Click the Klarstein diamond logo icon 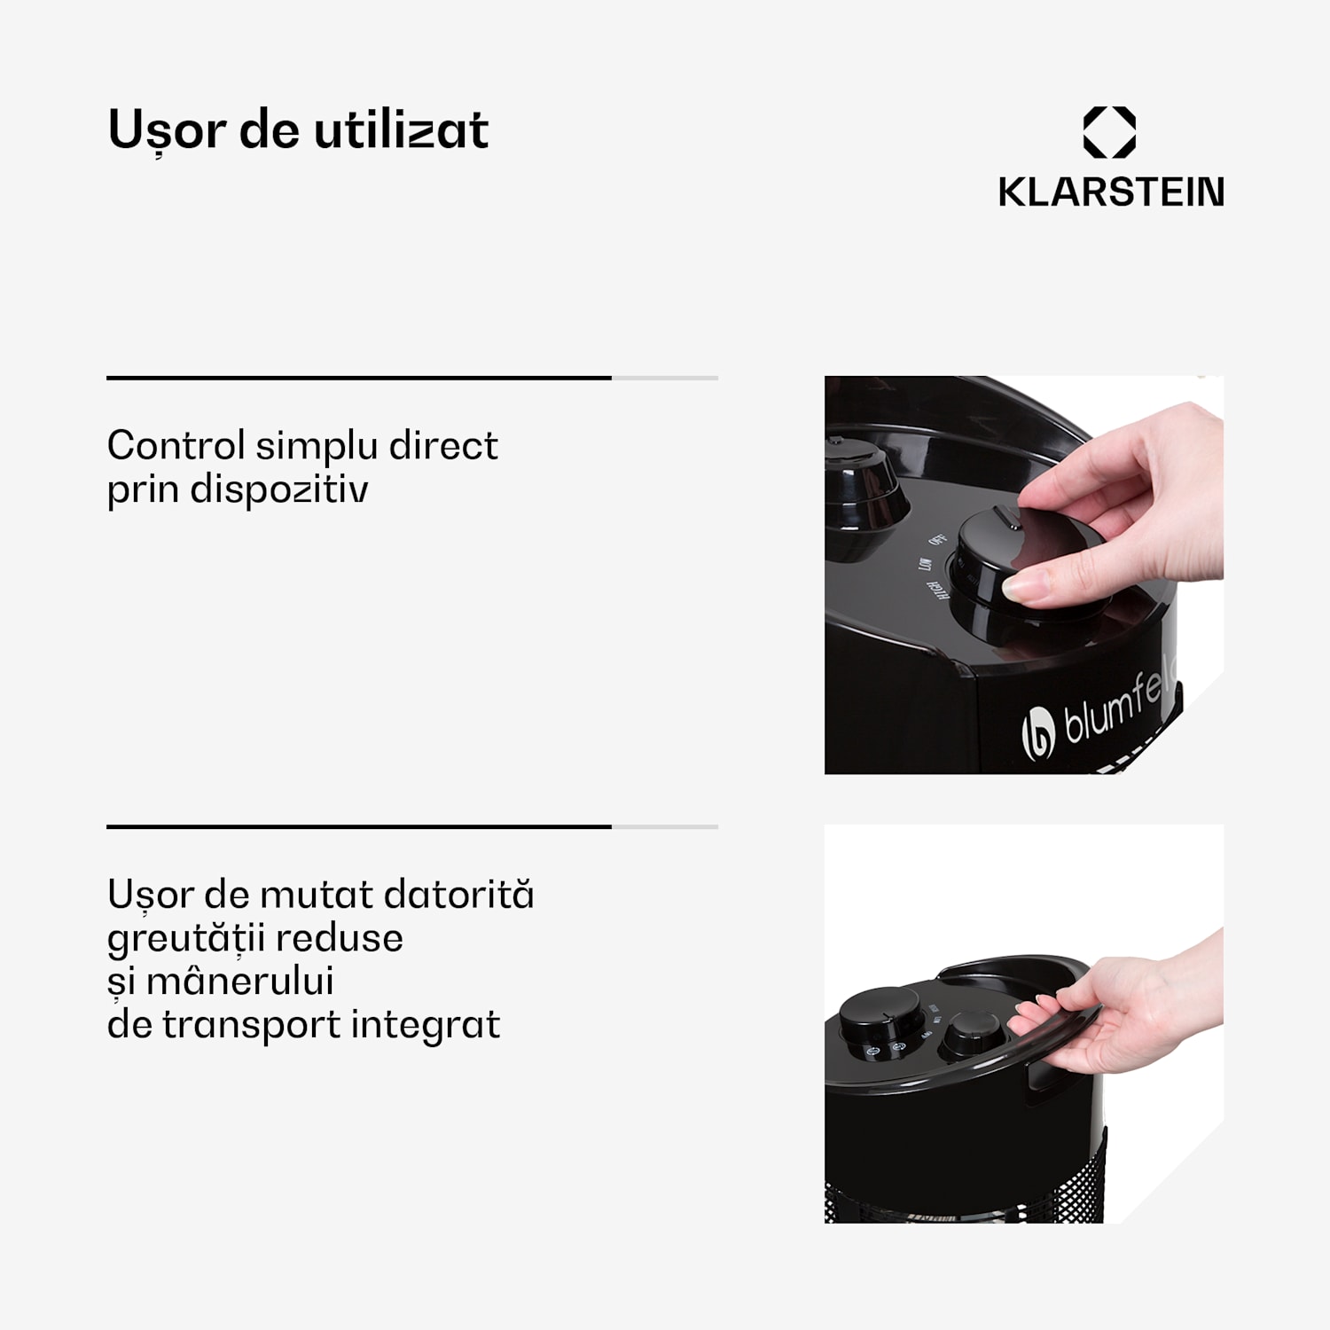pyautogui.click(x=1109, y=132)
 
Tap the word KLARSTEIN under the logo pyautogui.click(x=1111, y=192)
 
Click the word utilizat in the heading pyautogui.click(x=401, y=130)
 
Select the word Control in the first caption pyautogui.click(x=176, y=445)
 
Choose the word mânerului pyautogui.click(x=239, y=982)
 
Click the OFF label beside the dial pyautogui.click(x=937, y=539)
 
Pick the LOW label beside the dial pyautogui.click(x=925, y=564)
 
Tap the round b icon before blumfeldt pyautogui.click(x=1038, y=734)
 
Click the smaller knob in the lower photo pyautogui.click(x=973, y=1035)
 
